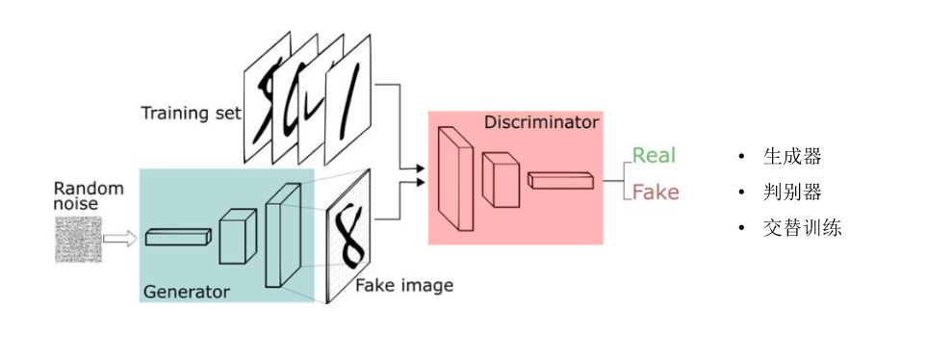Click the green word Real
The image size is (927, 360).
click(654, 156)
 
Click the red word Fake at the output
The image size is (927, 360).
click(656, 193)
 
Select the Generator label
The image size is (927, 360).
click(186, 292)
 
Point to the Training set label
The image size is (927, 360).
click(192, 113)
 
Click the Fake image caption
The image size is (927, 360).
click(404, 286)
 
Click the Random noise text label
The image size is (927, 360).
click(89, 195)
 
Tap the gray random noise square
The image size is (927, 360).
click(79, 240)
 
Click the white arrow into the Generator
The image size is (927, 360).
click(120, 239)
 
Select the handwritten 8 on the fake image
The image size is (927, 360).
click(349, 235)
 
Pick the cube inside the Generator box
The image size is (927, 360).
click(238, 237)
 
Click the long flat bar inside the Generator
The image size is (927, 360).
click(178, 237)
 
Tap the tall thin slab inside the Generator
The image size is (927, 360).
click(283, 235)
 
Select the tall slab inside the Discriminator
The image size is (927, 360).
click(455, 178)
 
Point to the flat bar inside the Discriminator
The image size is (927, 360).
click(560, 180)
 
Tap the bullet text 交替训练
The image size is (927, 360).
click(802, 228)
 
